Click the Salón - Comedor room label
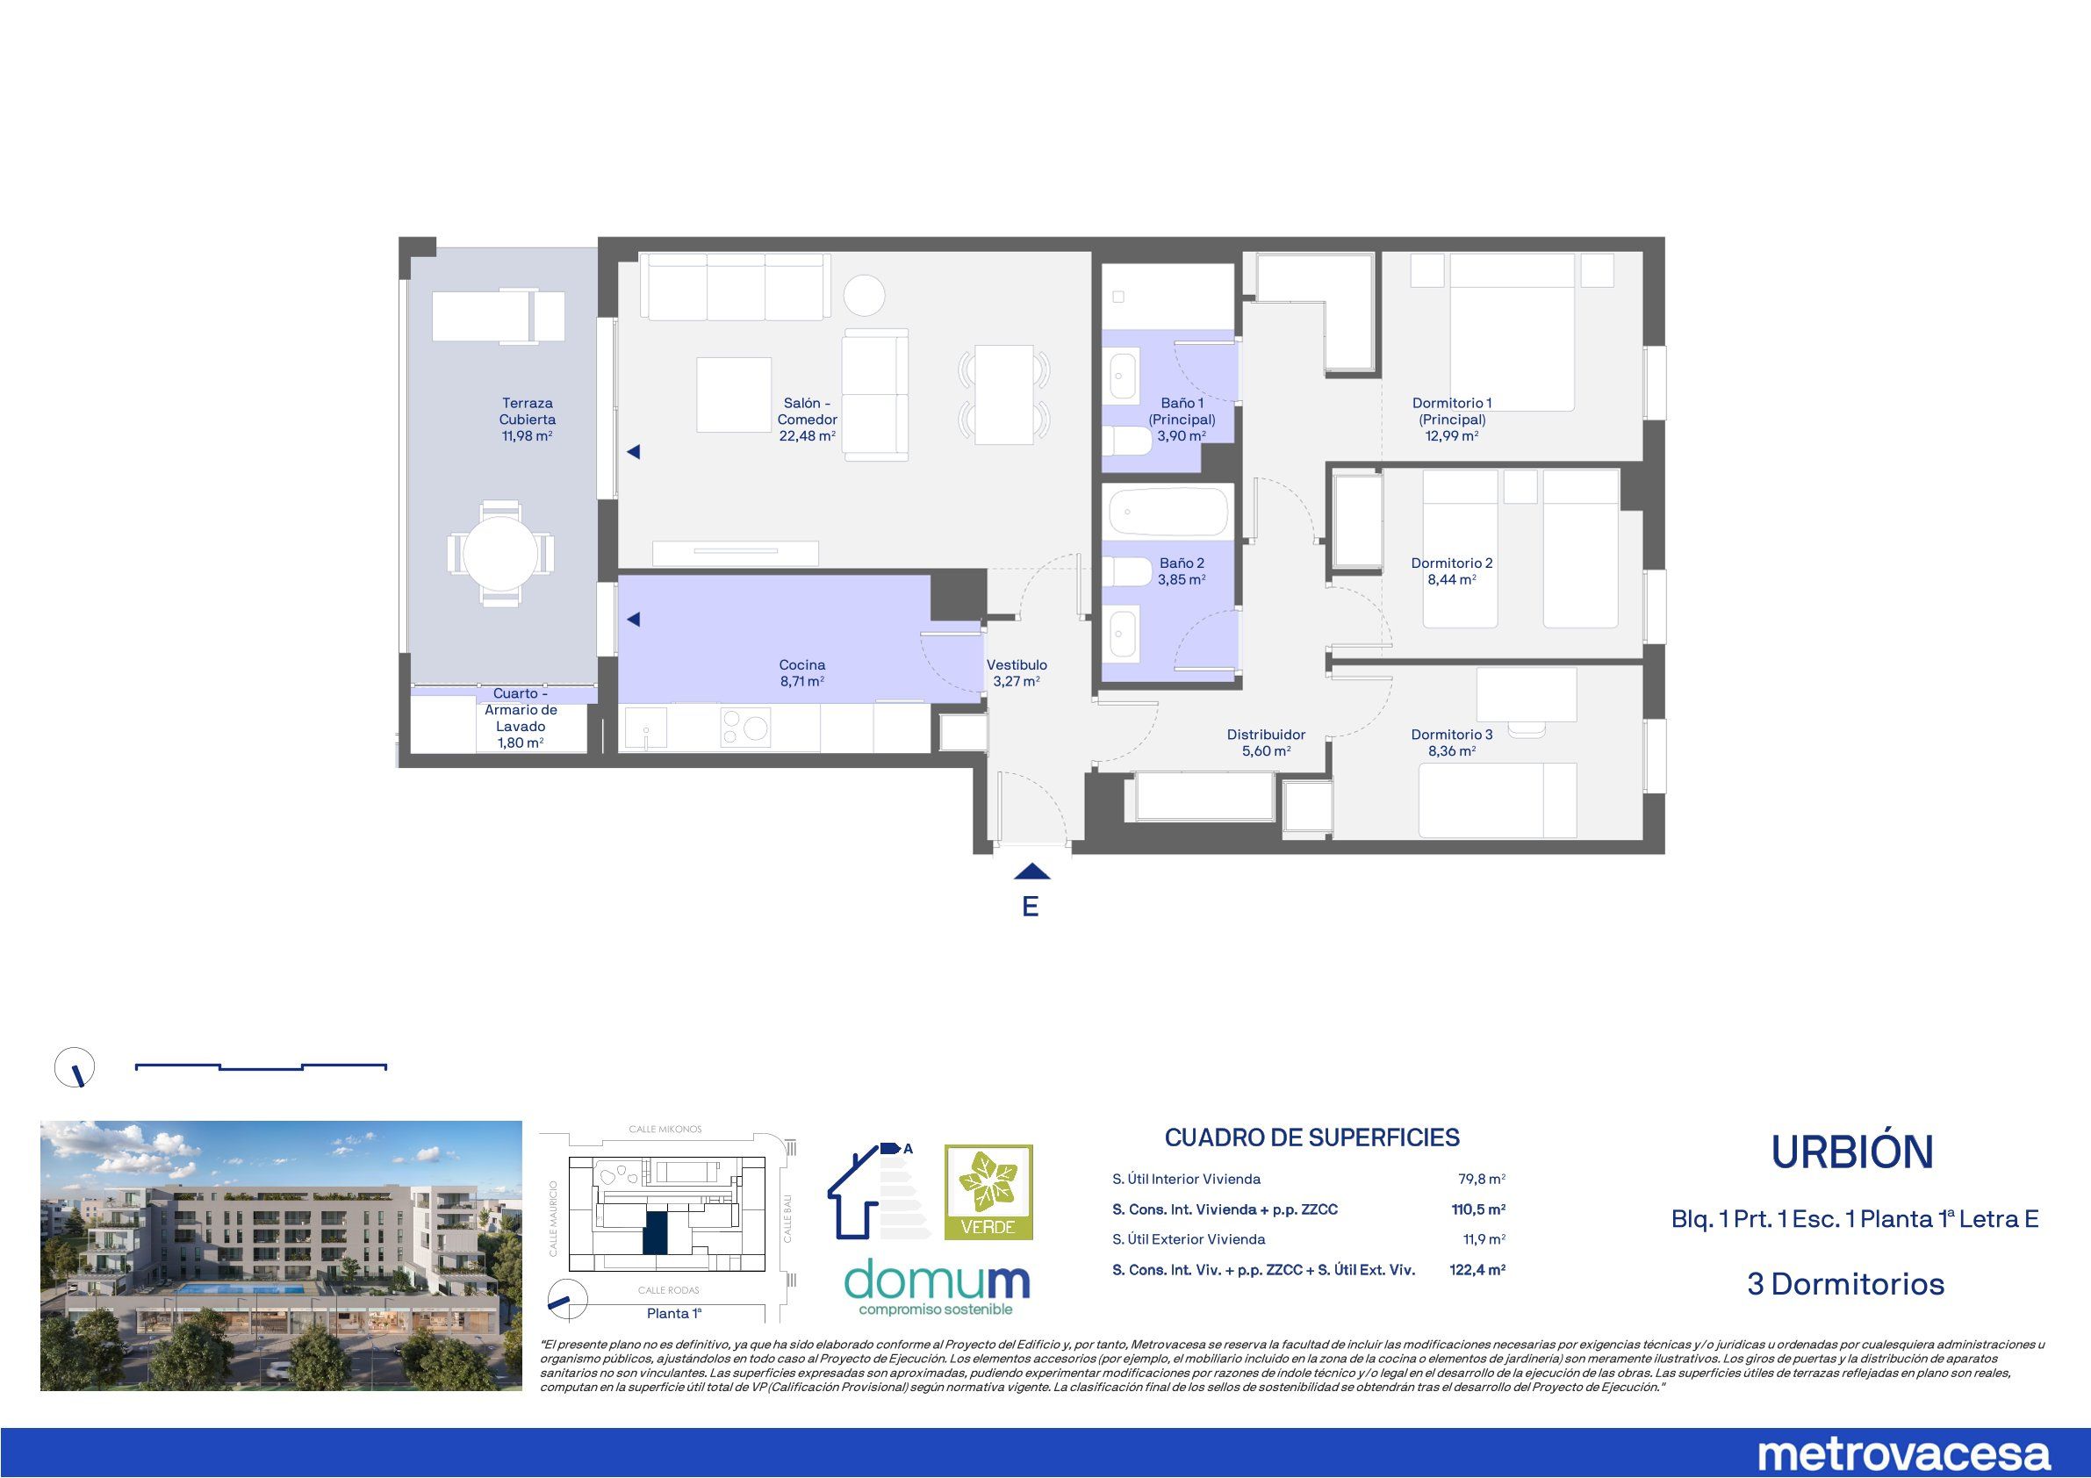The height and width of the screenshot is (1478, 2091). click(x=807, y=419)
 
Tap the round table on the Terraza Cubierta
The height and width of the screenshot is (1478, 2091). click(x=499, y=553)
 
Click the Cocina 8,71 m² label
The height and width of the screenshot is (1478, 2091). click(x=801, y=673)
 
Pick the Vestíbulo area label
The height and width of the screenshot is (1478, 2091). click(x=1017, y=673)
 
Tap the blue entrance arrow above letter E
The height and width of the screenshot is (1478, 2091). click(x=1031, y=872)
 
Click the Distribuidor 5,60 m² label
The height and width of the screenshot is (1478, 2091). click(x=1266, y=743)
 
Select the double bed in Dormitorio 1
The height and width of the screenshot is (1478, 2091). click(x=1512, y=333)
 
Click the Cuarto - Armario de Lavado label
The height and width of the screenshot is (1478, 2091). click(x=520, y=719)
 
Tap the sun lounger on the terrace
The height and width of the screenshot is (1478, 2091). click(x=498, y=316)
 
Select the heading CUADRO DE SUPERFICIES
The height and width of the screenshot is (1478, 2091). click(x=1311, y=1137)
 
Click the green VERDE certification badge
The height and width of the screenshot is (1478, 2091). click(x=988, y=1192)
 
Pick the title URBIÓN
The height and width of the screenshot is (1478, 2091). click(x=1852, y=1153)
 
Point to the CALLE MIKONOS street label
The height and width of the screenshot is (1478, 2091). click(x=665, y=1130)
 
